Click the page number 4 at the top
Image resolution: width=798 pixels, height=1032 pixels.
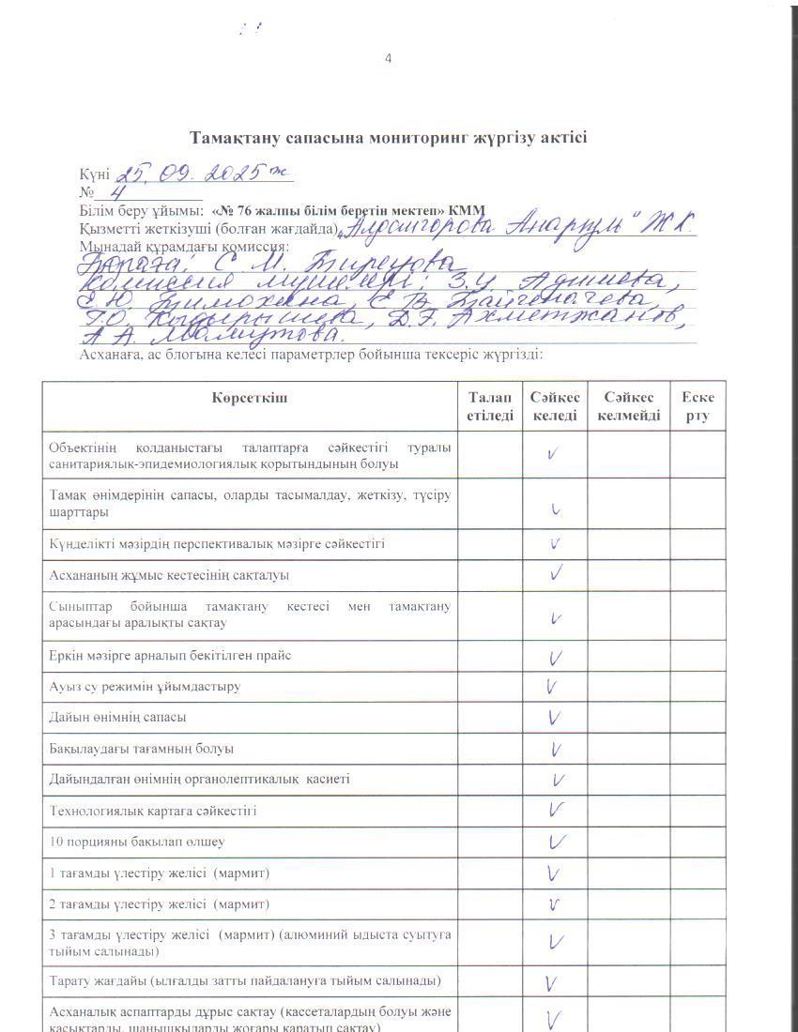(389, 59)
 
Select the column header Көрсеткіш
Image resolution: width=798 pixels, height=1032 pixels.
(250, 398)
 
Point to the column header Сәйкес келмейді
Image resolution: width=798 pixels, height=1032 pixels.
(628, 406)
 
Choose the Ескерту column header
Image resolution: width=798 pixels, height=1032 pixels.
(698, 406)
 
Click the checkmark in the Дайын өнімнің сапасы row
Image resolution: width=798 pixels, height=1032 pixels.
(555, 718)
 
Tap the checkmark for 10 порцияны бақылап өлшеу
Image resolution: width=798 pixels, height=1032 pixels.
(556, 842)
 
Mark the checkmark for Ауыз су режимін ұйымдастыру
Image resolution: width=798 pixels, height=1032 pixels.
(552, 687)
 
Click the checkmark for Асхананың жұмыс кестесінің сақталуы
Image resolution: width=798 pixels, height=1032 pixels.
(556, 572)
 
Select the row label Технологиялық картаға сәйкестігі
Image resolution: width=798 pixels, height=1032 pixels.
(153, 811)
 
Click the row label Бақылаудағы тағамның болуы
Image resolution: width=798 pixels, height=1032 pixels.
(142, 749)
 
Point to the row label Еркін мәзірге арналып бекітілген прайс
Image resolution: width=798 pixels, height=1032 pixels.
(170, 656)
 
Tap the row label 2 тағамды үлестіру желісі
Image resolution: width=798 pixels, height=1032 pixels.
(160, 904)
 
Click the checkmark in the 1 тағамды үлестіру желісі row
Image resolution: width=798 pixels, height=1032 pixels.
(555, 873)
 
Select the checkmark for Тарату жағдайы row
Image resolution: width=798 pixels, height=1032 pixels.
(552, 983)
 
